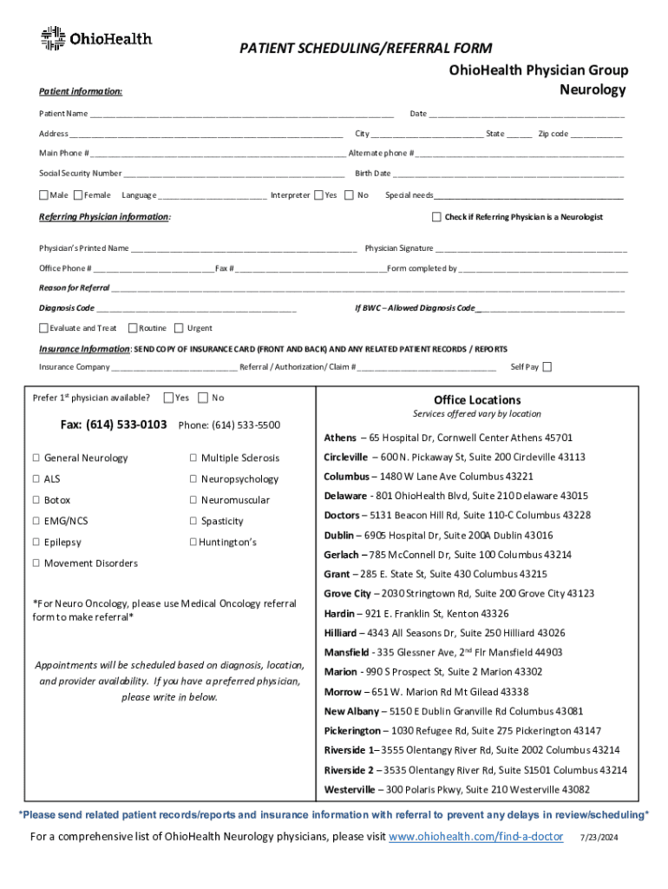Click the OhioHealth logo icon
tap(53, 38)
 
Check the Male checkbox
tap(43, 195)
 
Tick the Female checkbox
tap(78, 195)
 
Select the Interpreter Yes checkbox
tap(319, 195)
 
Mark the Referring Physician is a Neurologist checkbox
tap(436, 216)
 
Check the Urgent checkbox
tap(179, 327)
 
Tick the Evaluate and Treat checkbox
tap(43, 327)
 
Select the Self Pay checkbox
tap(547, 366)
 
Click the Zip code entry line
tap(596, 134)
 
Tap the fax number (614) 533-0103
tap(114, 425)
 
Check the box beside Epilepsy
tap(36, 543)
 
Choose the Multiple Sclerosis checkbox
tap(193, 458)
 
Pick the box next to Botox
tap(36, 501)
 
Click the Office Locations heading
tap(477, 400)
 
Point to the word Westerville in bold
tap(350, 790)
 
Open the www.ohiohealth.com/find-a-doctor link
tap(475, 837)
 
